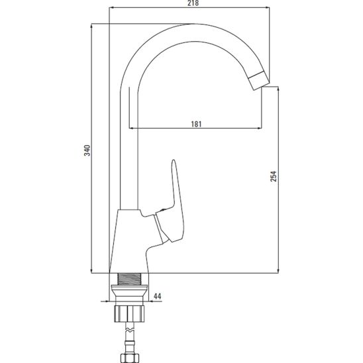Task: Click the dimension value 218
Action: pos(193,3)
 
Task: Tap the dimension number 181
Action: pos(196,124)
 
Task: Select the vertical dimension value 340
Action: pos(87,150)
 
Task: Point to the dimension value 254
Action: pos(274,176)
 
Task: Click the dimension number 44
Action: pos(158,296)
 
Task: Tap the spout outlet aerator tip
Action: pos(259,80)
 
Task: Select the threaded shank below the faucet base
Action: pos(129,279)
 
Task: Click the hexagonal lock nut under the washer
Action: pos(129,314)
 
